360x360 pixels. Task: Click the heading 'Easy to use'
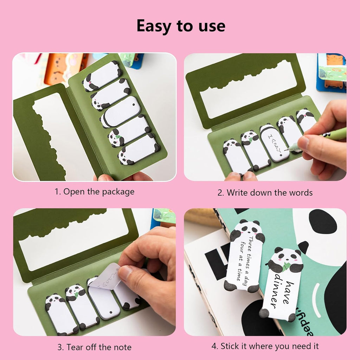(181, 26)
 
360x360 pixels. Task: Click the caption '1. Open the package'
(94, 192)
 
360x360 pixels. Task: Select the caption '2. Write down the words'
(265, 193)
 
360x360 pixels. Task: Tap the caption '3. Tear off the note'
(94, 347)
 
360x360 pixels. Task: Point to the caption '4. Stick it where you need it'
(265, 346)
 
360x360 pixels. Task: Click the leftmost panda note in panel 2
(236, 157)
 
